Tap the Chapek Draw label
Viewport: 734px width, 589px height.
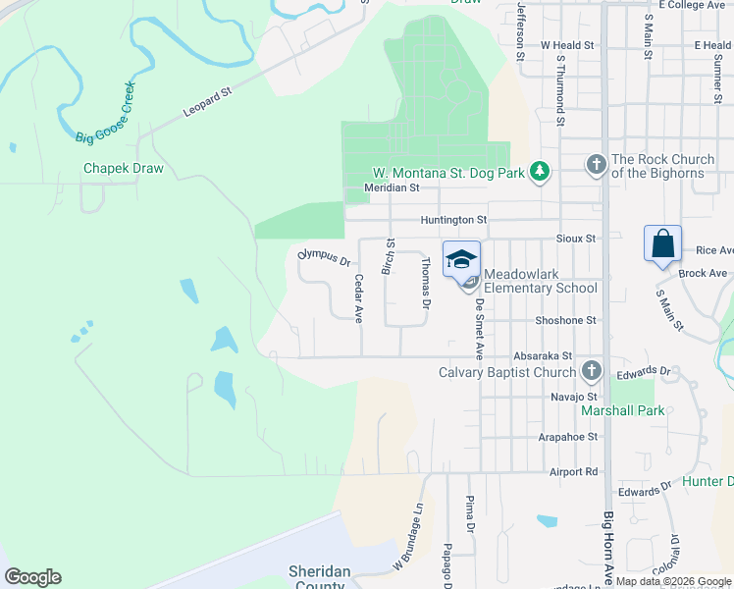(x=123, y=168)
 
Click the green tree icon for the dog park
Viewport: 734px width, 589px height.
(x=539, y=172)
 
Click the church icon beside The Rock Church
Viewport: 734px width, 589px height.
(x=595, y=166)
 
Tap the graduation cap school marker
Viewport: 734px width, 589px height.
(x=461, y=259)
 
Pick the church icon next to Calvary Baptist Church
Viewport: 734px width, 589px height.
(x=591, y=371)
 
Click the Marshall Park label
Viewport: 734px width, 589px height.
(x=622, y=410)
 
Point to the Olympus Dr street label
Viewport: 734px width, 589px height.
(x=325, y=258)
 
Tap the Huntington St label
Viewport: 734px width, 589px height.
(x=453, y=221)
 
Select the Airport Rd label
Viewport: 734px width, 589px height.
(x=575, y=472)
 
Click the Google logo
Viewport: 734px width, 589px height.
(x=32, y=577)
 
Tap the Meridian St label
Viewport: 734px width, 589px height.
(x=392, y=187)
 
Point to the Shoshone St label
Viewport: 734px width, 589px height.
(x=565, y=320)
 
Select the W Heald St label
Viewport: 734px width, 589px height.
(x=568, y=45)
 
